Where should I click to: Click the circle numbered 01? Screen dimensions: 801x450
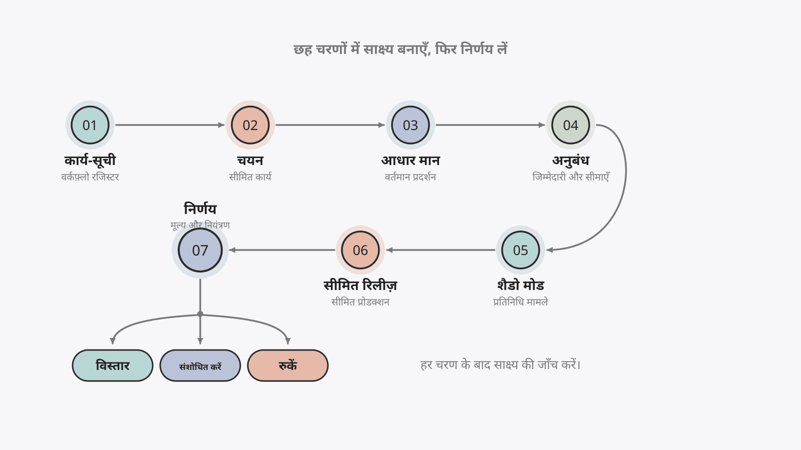90,125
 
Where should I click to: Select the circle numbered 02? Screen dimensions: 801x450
250,125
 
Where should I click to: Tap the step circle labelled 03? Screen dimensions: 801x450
411,125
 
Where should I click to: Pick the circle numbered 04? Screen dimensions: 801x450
571,125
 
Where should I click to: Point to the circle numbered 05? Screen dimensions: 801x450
521,250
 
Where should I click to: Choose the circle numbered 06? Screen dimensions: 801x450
360,250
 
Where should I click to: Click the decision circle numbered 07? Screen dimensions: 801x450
200,250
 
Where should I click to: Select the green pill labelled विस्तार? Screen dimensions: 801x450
113,365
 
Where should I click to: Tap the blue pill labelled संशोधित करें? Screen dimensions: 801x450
200,365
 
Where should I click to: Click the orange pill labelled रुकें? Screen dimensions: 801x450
288,365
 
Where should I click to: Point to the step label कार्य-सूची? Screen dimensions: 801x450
90,160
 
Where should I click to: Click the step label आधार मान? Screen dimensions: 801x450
411,160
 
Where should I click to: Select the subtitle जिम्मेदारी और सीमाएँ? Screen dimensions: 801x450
571,177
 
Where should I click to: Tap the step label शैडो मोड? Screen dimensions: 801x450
521,285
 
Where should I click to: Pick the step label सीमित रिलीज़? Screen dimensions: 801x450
360,285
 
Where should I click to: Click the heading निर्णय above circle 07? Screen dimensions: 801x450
200,209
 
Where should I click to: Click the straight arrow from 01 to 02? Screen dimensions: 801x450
170,125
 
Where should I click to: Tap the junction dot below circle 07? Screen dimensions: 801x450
200,314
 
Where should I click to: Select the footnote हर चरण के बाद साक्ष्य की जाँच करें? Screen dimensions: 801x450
500,365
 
